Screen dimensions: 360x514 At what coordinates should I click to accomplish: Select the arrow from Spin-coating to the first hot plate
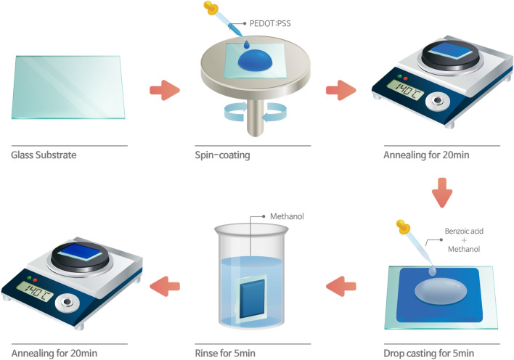(340, 91)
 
